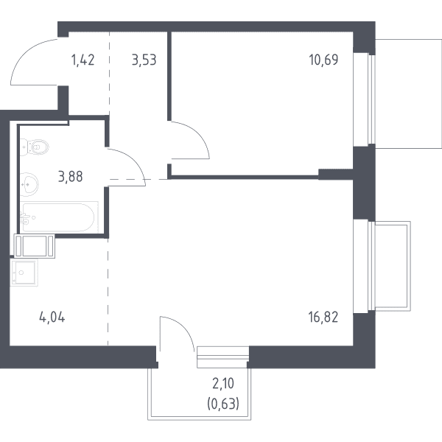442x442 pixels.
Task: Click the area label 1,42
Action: point(83,60)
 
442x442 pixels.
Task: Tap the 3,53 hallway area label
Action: point(144,60)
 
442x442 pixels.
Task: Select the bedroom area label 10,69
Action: point(323,60)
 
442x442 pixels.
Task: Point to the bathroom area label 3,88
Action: point(70,177)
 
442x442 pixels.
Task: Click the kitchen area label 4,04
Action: point(52,318)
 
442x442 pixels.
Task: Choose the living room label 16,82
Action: point(323,317)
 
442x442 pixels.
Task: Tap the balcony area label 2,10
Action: point(223,384)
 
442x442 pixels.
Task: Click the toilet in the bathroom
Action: point(35,147)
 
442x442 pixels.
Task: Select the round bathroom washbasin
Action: point(29,184)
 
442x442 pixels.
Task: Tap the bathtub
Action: point(59,217)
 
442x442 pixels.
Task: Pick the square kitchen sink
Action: point(24,273)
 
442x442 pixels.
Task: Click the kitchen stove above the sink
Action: point(35,246)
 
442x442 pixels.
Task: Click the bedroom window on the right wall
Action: point(364,99)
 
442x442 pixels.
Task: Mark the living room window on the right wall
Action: point(364,267)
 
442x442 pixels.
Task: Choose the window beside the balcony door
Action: point(223,357)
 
